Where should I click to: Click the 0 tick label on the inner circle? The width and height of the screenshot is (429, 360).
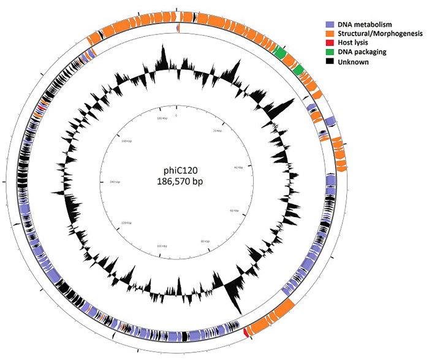[177, 115]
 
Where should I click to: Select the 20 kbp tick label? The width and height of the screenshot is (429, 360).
[215, 131]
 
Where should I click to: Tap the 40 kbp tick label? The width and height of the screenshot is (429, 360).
[238, 167]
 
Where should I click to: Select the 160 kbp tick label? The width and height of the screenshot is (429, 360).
[126, 141]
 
